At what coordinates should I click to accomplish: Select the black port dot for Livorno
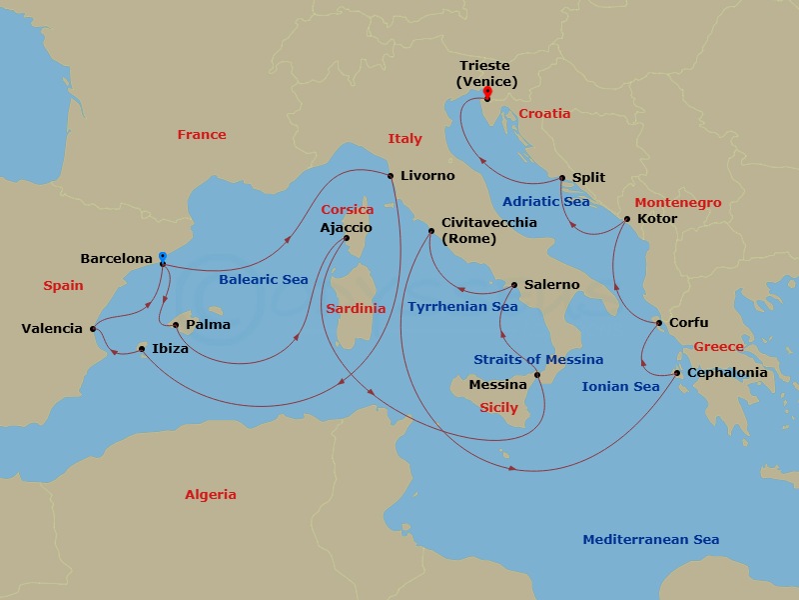tap(390, 175)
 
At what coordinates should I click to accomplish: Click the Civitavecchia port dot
tap(431, 232)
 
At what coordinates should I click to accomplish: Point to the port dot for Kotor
tap(627, 219)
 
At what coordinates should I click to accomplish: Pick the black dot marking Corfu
tap(658, 323)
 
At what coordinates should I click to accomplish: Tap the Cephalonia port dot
tap(677, 373)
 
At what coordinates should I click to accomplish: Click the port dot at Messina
tap(537, 376)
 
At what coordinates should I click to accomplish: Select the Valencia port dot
tap(92, 328)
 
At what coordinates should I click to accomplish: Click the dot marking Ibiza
tap(142, 349)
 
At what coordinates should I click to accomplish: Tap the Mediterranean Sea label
tap(650, 540)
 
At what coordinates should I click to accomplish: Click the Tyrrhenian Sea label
tap(462, 307)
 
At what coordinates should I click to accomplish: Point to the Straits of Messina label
tap(537, 359)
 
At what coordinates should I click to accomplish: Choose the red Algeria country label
tap(211, 495)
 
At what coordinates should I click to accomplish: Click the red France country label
tap(202, 135)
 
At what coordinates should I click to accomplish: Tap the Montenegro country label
tap(677, 203)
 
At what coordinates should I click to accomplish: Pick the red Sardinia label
tap(356, 309)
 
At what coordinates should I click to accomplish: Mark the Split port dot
tap(562, 178)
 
